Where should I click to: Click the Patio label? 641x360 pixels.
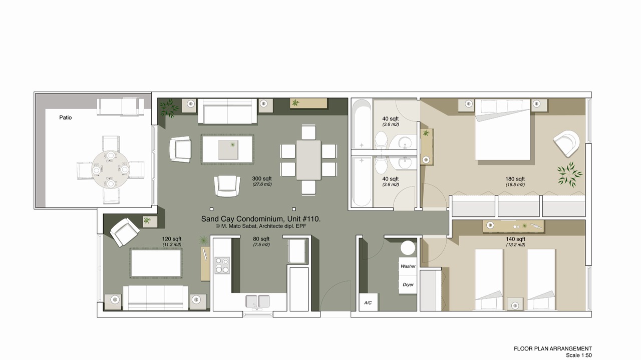click(65, 117)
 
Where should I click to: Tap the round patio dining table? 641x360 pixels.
click(111, 169)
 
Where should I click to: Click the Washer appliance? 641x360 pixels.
click(408, 266)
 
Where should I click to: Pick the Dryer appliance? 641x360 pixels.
click(408, 285)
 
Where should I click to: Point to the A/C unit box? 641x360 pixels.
click(368, 302)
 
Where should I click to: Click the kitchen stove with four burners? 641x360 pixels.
click(222, 265)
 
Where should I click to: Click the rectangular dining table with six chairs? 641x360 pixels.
click(308, 160)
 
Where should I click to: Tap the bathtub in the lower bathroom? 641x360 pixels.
click(362, 181)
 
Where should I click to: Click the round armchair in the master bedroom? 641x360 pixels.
click(566, 143)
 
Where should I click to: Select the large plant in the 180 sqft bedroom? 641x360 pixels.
click(569, 174)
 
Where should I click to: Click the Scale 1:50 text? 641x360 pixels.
click(578, 355)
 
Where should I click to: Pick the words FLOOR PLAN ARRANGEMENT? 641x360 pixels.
click(552, 348)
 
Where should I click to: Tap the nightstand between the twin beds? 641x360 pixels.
click(515, 304)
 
